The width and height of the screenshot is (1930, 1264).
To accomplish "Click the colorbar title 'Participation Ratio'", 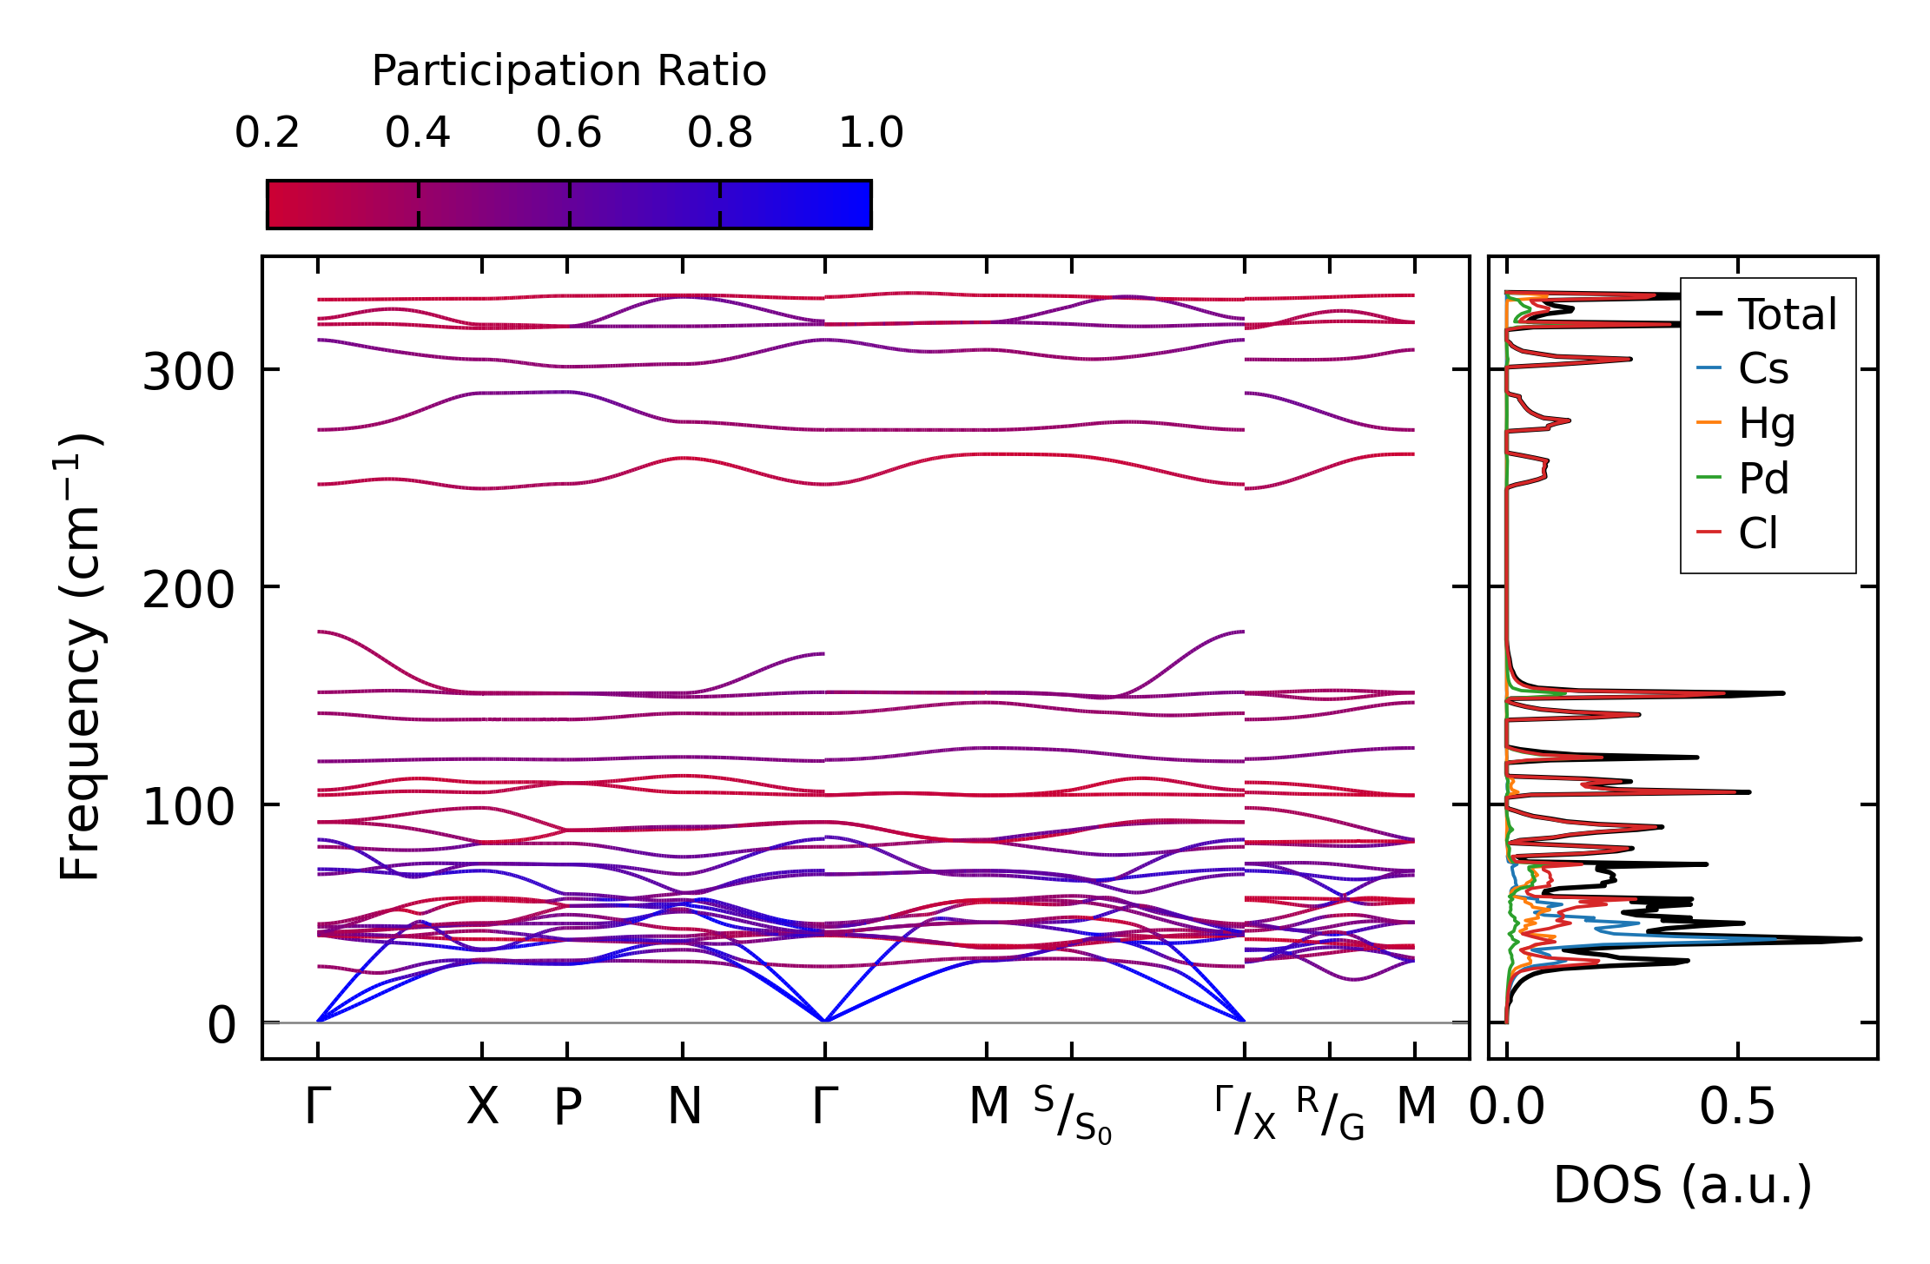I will click(x=569, y=71).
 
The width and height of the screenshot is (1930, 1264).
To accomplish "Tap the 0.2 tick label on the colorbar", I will click(x=267, y=133).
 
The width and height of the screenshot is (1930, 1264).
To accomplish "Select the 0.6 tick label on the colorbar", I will click(x=569, y=133).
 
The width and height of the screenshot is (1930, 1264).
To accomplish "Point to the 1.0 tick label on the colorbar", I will click(x=871, y=133).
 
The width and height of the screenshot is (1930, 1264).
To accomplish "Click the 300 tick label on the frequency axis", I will click(x=188, y=373).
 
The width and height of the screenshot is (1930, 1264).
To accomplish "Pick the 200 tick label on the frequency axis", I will click(x=188, y=591).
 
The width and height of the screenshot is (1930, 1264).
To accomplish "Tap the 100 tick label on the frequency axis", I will click(x=188, y=808).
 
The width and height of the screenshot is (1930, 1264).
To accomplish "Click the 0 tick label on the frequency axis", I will click(x=221, y=1025).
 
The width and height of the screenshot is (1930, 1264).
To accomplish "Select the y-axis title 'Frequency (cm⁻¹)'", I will click(x=80, y=657).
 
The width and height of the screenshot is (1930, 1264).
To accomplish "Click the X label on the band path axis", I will click(x=483, y=1107).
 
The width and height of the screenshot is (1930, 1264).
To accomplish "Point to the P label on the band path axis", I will click(x=568, y=1107).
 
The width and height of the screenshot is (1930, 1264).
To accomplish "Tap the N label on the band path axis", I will click(x=684, y=1107).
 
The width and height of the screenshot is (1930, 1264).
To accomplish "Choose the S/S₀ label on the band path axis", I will click(x=1073, y=1114).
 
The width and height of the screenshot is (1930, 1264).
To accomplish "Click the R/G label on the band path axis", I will click(x=1330, y=1114).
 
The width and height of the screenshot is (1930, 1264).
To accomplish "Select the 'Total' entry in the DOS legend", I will click(x=1787, y=314).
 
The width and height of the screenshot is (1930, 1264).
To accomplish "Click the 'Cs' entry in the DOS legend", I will click(x=1763, y=369).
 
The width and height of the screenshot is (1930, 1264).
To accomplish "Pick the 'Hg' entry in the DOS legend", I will click(x=1766, y=424).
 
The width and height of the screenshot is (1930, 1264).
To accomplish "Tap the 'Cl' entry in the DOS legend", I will click(x=1758, y=533).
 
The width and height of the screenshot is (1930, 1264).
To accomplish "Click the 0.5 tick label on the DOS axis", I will click(x=1737, y=1107).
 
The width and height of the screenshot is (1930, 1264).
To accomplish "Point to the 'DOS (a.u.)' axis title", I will click(x=1682, y=1185).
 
